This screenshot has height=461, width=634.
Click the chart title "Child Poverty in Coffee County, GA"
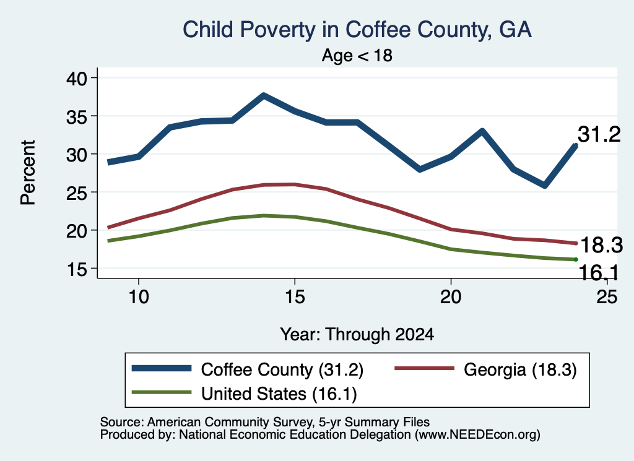(357, 30)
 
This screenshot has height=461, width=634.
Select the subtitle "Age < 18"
(357, 55)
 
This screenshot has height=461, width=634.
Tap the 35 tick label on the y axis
(76, 116)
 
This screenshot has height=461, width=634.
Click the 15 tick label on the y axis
(77, 269)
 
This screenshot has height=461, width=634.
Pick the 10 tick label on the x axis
(139, 297)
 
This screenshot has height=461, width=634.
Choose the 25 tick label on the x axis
(607, 297)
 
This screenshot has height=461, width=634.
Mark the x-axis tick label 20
(451, 297)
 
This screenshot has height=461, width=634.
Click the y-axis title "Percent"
(28, 173)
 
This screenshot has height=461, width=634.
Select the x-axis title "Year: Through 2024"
(357, 335)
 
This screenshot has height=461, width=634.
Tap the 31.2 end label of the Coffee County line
(599, 134)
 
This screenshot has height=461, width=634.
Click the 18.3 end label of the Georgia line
(602, 245)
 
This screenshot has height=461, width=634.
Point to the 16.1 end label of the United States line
(599, 273)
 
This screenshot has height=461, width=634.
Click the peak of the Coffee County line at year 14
(264, 96)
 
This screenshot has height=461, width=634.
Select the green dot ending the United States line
(576, 259)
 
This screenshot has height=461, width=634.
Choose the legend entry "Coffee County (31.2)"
(248, 369)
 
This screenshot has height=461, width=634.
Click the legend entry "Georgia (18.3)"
(485, 369)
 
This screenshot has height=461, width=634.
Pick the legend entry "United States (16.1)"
(244, 394)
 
